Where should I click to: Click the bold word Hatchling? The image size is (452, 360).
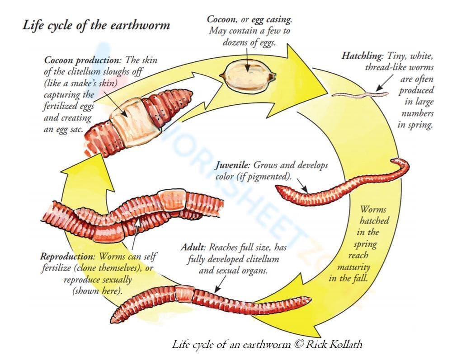362,56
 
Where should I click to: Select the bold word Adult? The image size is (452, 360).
193,248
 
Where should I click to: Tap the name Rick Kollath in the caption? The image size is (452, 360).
334,344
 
